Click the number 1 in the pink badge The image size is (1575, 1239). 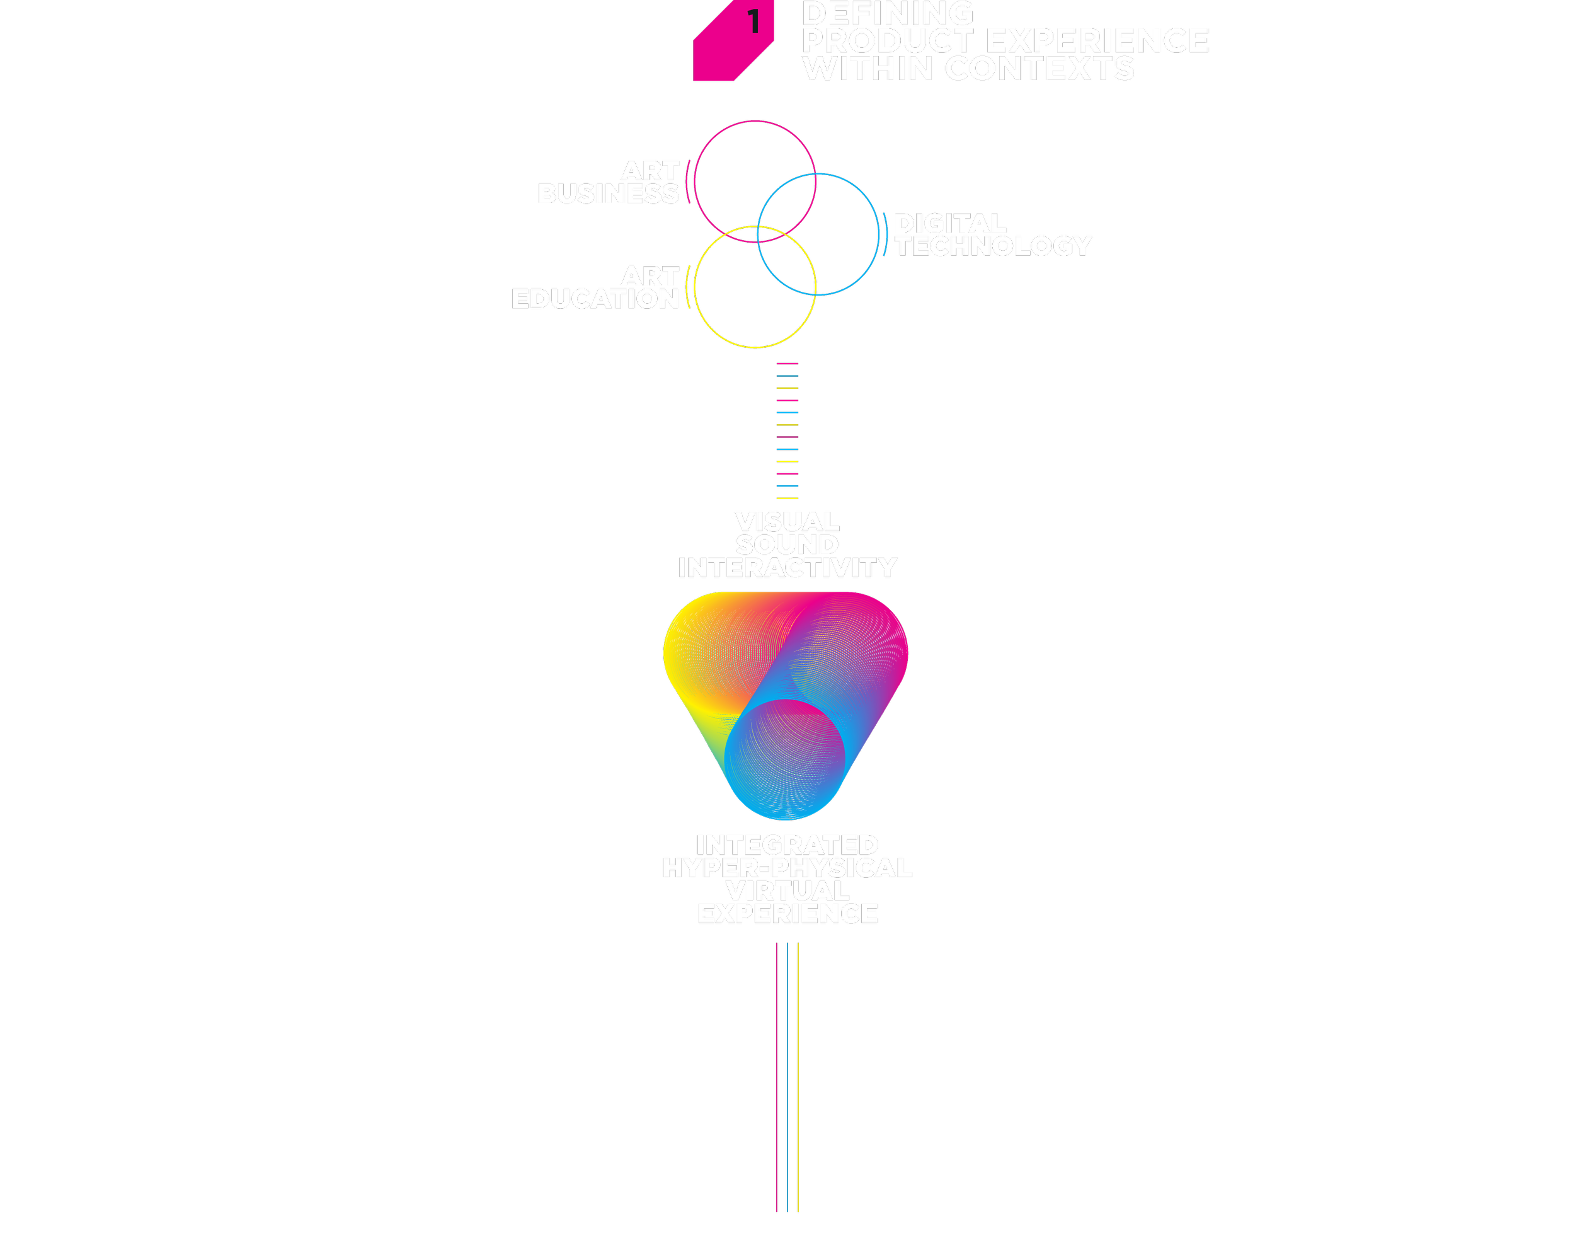click(754, 22)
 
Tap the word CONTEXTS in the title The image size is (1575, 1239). click(1040, 69)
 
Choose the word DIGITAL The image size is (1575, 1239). click(950, 224)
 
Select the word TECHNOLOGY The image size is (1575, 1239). click(993, 246)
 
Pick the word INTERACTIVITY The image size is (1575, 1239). click(787, 568)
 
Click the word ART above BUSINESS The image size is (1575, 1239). click(650, 171)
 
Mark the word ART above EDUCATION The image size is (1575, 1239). click(650, 277)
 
